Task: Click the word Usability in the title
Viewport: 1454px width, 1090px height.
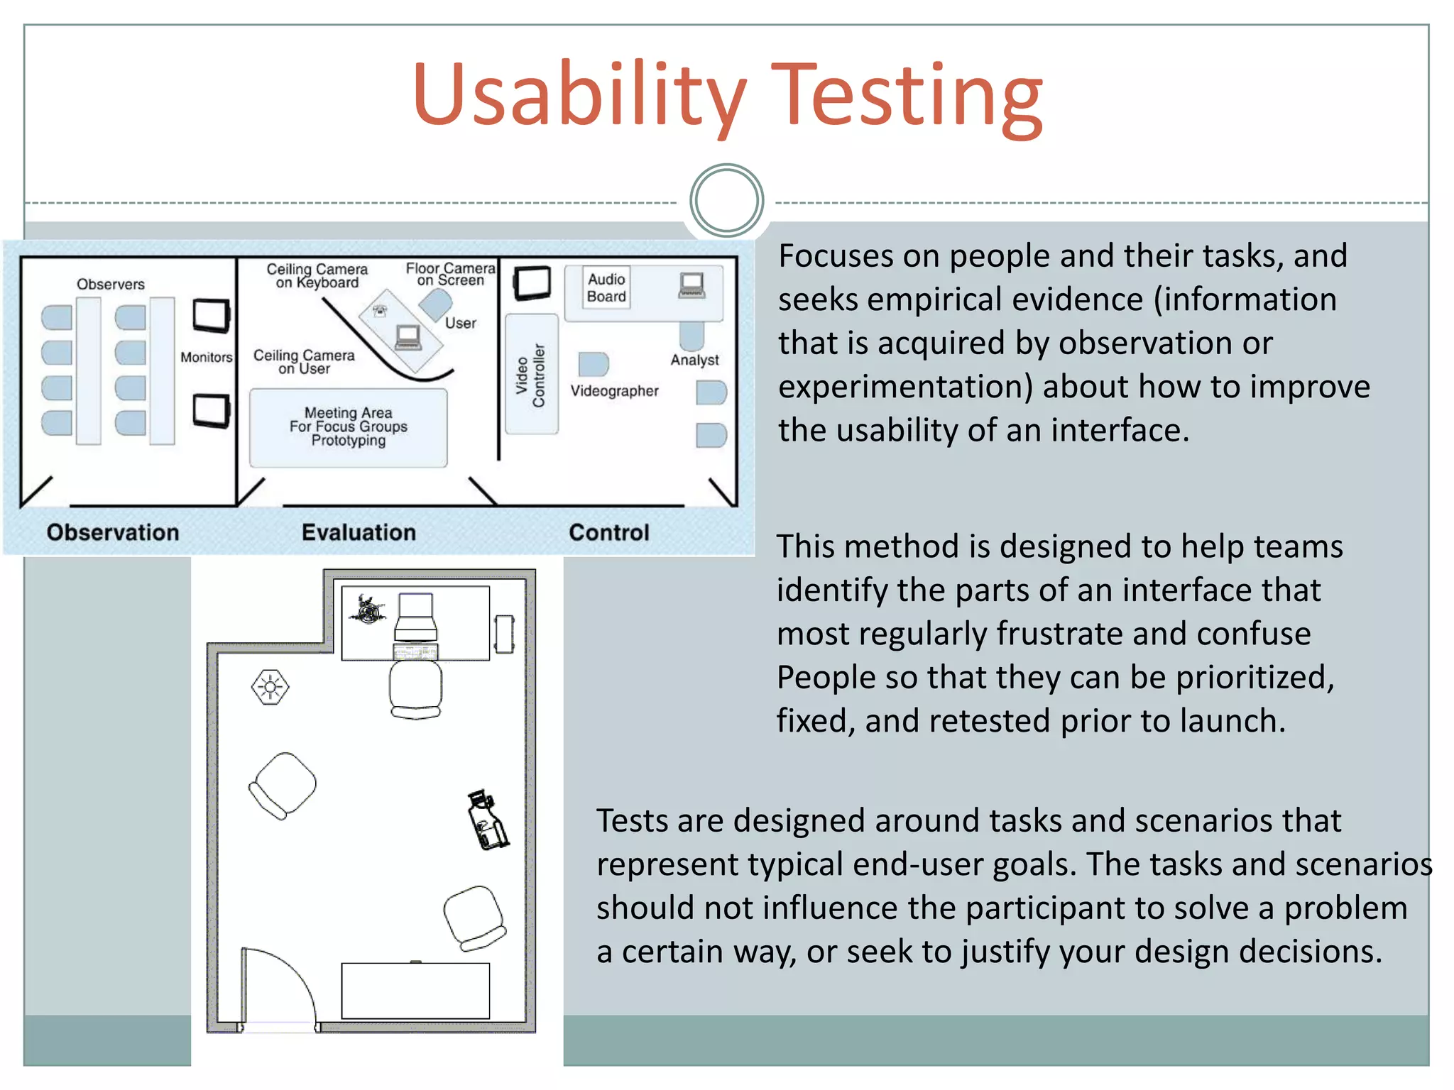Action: click(x=579, y=96)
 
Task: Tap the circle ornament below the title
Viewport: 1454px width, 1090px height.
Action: click(x=726, y=201)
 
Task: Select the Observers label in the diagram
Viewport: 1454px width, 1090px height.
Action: click(x=111, y=285)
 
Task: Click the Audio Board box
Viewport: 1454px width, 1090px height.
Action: click(x=606, y=287)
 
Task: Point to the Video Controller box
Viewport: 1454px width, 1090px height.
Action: click(x=531, y=375)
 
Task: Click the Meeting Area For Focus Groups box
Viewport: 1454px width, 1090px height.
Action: click(x=348, y=427)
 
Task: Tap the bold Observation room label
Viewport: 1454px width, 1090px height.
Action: click(x=113, y=532)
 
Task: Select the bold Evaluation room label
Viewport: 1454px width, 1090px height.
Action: click(x=359, y=532)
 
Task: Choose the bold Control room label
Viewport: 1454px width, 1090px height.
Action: click(x=609, y=532)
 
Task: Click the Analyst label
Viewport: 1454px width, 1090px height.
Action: click(x=694, y=360)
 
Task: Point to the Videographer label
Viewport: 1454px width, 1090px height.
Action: click(x=614, y=391)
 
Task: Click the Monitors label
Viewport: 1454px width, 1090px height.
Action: click(x=206, y=358)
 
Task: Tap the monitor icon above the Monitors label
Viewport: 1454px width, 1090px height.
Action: click(x=211, y=315)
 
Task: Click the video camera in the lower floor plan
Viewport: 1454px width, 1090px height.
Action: click(x=487, y=820)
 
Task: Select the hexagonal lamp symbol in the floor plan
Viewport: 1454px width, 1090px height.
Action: click(x=270, y=687)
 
